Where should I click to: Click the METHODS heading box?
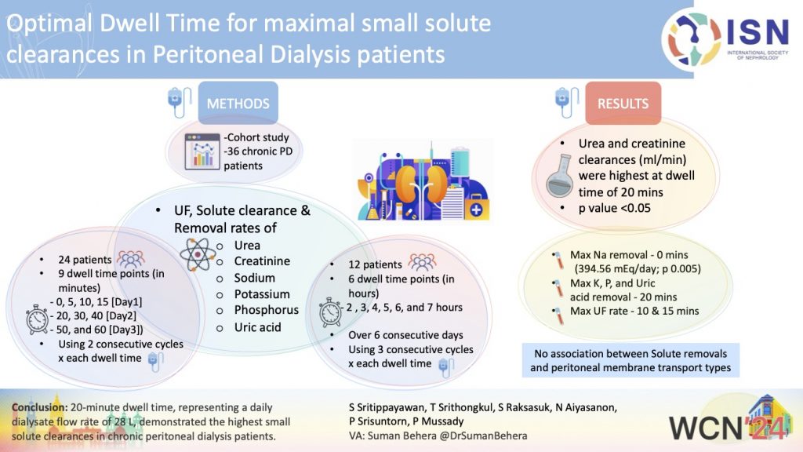(x=238, y=103)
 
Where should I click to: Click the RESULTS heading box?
(x=623, y=103)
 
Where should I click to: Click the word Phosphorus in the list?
(x=266, y=310)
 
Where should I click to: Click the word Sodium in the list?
(x=255, y=278)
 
